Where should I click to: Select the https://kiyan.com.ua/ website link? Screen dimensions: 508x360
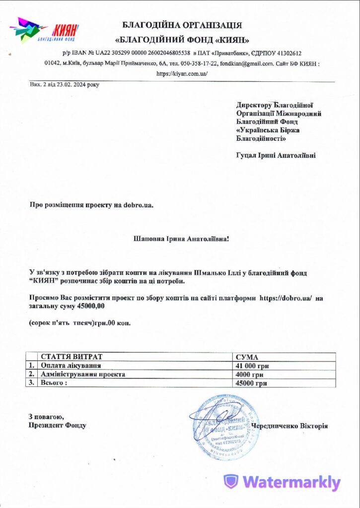click(x=182, y=73)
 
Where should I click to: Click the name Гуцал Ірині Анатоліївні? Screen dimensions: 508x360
click(x=276, y=155)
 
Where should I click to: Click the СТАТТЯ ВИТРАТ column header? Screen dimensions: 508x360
click(x=72, y=357)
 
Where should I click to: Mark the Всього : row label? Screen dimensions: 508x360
click(x=54, y=383)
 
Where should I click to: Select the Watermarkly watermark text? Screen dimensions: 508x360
click(x=291, y=482)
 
